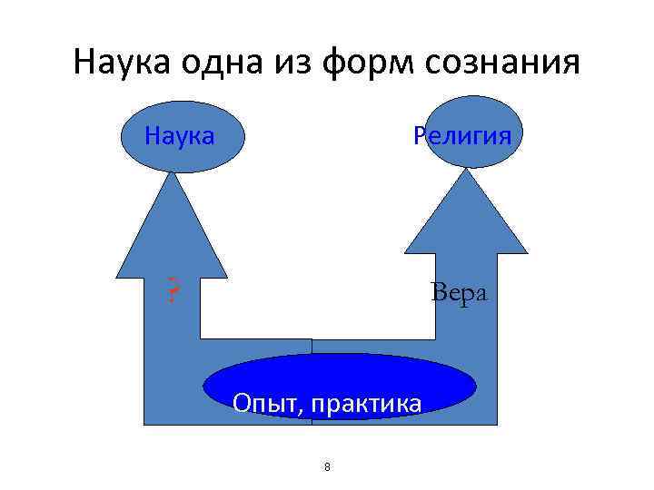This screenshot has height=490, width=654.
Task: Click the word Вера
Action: [x=460, y=293]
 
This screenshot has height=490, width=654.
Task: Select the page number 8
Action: [x=327, y=467]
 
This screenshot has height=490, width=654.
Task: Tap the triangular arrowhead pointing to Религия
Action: [x=466, y=218]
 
